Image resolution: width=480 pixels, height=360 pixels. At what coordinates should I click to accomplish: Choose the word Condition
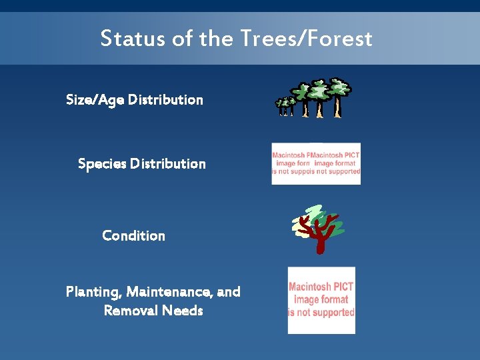(x=133, y=236)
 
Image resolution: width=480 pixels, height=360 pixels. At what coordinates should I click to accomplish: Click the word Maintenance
(x=169, y=292)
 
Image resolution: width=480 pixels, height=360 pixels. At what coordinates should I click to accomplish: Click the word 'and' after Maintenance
(x=229, y=292)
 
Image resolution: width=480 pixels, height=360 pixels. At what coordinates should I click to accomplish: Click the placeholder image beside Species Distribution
(x=316, y=163)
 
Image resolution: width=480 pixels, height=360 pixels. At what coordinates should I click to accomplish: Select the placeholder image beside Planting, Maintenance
(x=321, y=300)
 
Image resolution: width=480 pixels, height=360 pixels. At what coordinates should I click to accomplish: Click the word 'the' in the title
(x=215, y=38)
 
